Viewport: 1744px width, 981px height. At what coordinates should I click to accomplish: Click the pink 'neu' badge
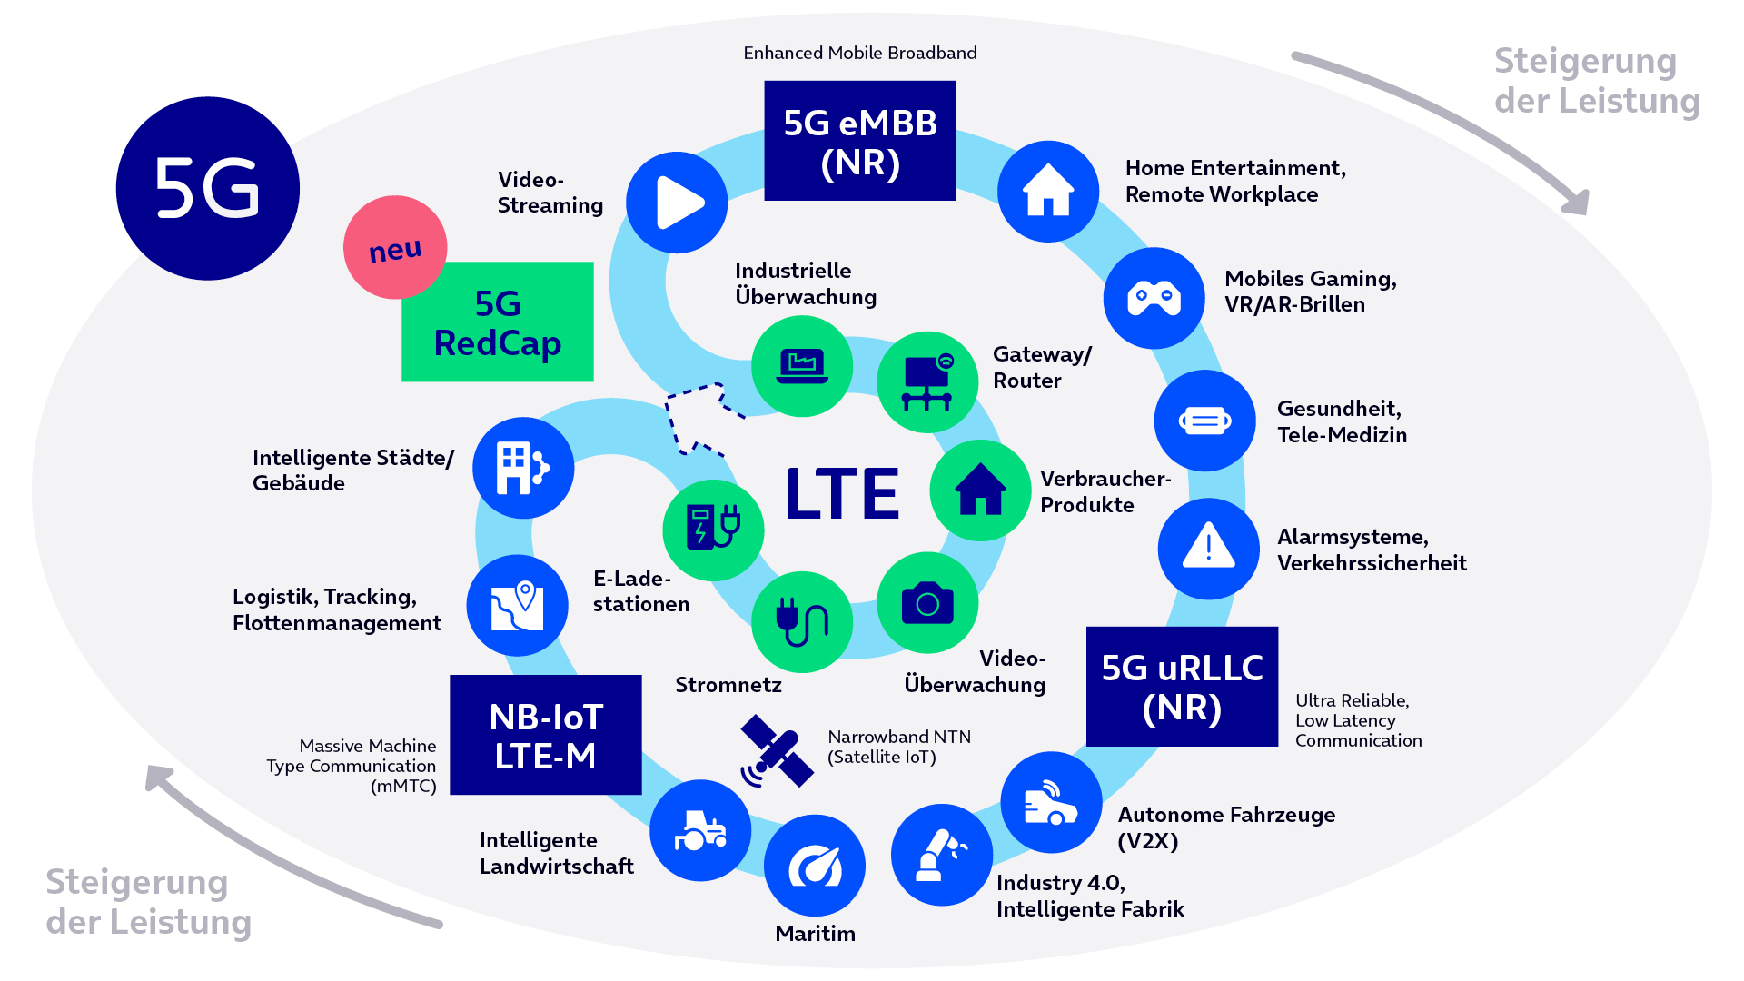point(395,247)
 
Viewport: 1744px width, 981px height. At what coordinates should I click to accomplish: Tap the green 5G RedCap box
point(498,322)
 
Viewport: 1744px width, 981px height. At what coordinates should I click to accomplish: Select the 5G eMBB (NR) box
point(860,141)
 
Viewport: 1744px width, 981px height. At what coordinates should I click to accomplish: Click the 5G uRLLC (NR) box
point(1182,687)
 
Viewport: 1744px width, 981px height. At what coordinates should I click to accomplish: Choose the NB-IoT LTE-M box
point(546,735)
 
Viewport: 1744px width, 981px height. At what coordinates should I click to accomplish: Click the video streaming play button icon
point(677,203)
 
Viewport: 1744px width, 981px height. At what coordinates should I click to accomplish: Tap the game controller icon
point(1154,298)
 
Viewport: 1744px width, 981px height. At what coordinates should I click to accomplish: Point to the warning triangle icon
point(1208,548)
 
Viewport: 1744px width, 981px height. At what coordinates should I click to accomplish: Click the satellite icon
point(777,751)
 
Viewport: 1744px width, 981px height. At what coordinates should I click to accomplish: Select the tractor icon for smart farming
point(700,830)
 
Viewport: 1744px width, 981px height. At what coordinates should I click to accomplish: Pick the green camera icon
point(927,603)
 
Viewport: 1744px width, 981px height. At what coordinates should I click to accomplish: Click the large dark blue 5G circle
point(208,188)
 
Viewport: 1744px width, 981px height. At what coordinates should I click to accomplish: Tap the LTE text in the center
point(842,494)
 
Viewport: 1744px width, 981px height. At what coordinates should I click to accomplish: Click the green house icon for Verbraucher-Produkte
point(980,490)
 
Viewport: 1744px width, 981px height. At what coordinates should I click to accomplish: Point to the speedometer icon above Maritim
point(815,866)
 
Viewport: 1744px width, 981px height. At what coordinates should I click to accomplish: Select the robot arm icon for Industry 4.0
point(942,855)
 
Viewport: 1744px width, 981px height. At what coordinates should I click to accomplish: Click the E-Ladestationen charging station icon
point(713,530)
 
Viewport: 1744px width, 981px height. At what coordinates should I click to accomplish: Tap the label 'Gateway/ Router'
point(1042,367)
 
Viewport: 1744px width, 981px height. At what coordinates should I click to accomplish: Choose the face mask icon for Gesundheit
point(1204,421)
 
